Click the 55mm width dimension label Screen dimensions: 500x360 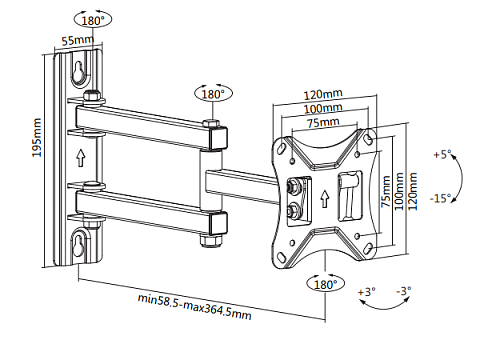tap(78, 40)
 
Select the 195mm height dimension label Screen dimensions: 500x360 tap(36, 137)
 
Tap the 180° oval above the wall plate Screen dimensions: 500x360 tap(93, 20)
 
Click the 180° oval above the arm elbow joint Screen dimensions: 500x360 tap(213, 94)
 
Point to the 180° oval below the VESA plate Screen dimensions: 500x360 tap(326, 284)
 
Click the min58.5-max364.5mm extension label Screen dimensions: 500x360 tap(195, 306)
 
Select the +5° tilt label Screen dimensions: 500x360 tap(442, 155)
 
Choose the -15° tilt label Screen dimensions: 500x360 tap(440, 198)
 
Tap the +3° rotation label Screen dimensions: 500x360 tap(366, 292)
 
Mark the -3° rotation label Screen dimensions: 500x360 tap(404, 291)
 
